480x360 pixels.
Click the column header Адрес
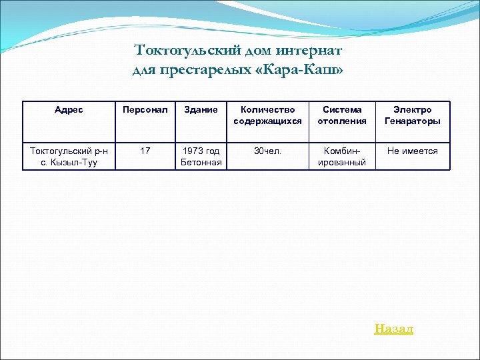(x=69, y=110)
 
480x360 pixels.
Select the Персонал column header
(x=145, y=110)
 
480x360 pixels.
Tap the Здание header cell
(x=201, y=110)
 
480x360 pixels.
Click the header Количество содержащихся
(x=267, y=115)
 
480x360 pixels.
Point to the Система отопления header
(x=342, y=115)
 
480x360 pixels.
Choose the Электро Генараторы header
(x=412, y=115)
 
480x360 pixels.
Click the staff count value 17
(x=145, y=151)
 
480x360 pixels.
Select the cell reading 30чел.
(x=267, y=151)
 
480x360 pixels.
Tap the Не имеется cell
(x=412, y=151)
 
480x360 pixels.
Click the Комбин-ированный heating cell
(x=342, y=157)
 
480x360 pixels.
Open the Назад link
(x=393, y=329)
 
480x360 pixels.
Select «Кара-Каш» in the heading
(x=301, y=70)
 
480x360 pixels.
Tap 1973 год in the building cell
(x=201, y=151)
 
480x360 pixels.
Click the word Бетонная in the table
(x=201, y=163)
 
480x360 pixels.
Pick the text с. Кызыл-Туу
(x=69, y=163)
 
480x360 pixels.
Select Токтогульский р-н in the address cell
(x=69, y=151)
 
